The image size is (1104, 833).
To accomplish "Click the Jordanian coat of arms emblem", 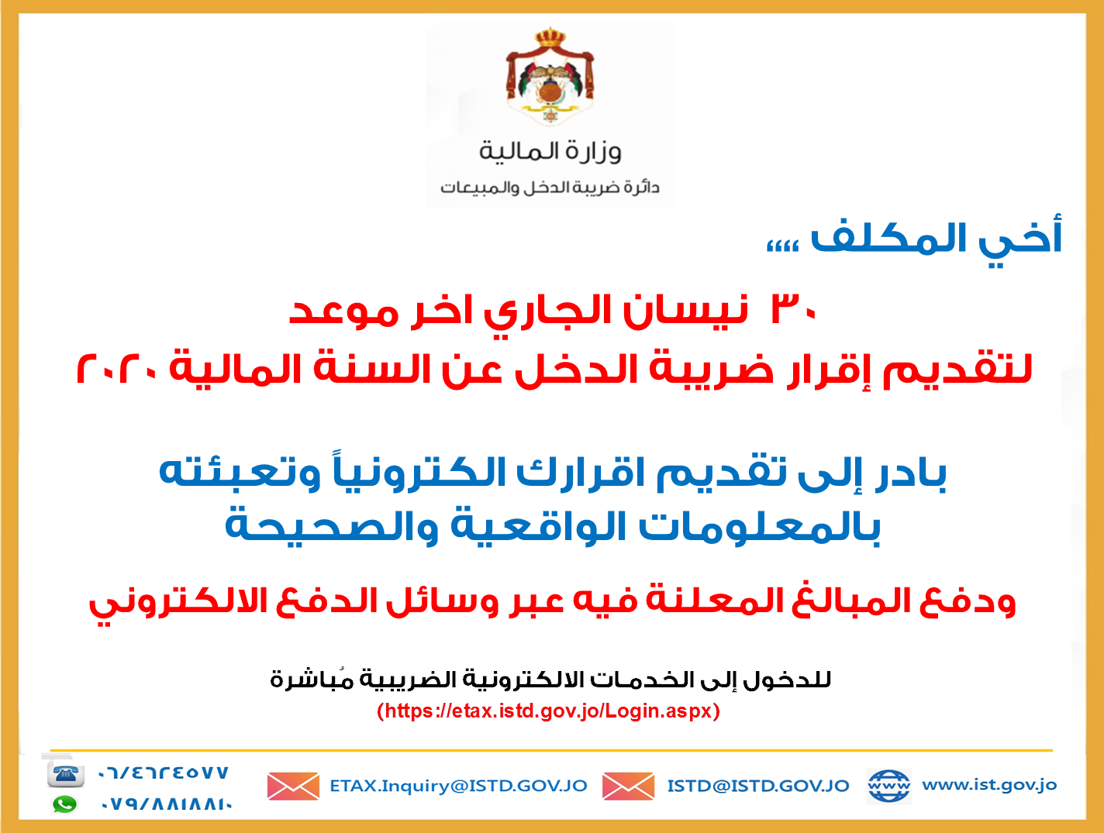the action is pos(550,75).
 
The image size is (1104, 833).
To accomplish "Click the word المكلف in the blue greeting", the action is pos(887,239).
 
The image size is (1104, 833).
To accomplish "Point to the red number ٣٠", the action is pos(793,308).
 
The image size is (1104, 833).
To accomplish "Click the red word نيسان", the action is pos(685,310).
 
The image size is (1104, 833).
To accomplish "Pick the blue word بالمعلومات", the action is pos(760,528).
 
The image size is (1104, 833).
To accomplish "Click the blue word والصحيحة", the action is pos(332,527).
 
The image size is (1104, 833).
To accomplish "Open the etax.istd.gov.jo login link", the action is pos(548,711).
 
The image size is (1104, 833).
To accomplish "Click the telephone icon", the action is pos(65,773).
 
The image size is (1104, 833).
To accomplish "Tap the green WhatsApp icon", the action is pos(65,804).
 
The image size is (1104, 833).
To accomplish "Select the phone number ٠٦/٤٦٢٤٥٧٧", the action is pos(164,773).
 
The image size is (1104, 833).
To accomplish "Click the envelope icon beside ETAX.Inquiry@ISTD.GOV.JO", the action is pos(293,786).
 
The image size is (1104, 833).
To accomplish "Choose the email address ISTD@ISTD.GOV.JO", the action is pos(758,786).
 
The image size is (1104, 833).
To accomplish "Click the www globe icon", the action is pos(888,785).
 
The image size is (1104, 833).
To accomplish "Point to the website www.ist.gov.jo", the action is pos(989,785).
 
